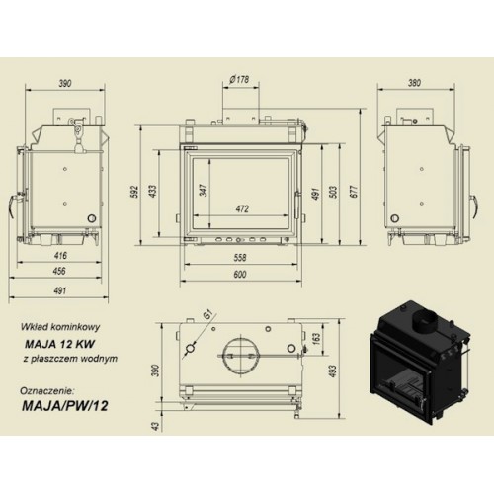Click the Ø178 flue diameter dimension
[240, 79]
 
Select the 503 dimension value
[333, 192]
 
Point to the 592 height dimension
[134, 192]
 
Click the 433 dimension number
[153, 191]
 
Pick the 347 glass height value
[204, 191]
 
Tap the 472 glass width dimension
[242, 208]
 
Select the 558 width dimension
[239, 257]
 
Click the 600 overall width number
[239, 274]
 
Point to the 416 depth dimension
[60, 255]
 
